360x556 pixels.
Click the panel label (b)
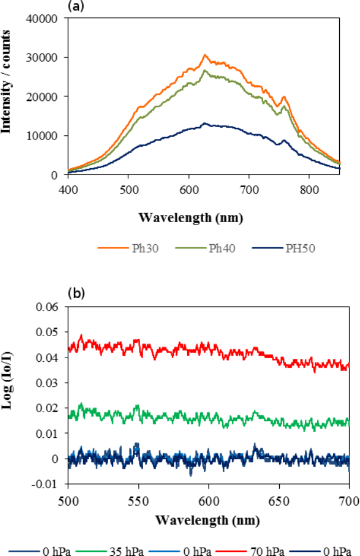coord(76,293)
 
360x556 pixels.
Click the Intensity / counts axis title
coord(9,96)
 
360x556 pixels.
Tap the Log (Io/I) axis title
coord(9,395)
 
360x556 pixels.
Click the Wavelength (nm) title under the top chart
coord(191,217)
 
